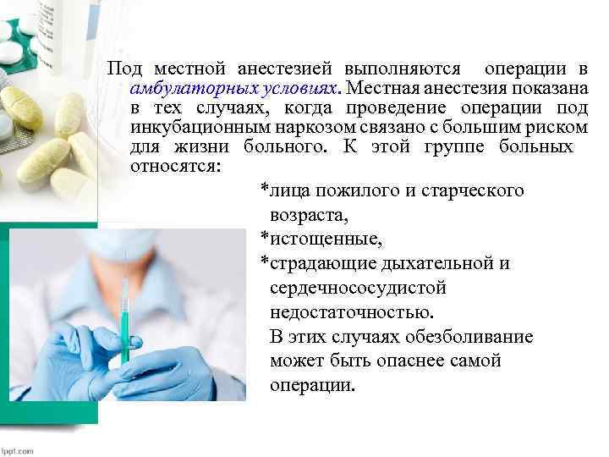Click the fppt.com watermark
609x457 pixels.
pyautogui.click(x=17, y=450)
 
